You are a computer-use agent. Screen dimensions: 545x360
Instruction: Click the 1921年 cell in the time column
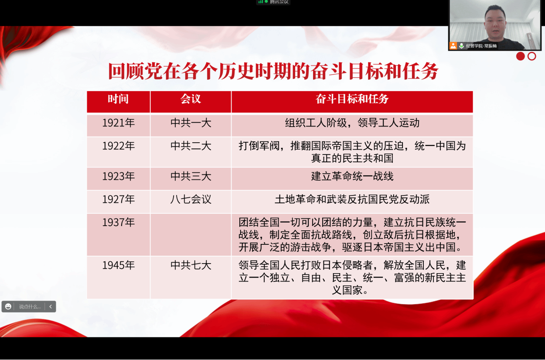[119, 125]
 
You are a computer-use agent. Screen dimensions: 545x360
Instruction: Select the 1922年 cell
[119, 152]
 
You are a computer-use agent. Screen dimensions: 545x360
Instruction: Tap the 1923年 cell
[119, 178]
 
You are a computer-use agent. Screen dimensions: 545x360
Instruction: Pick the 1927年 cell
[119, 202]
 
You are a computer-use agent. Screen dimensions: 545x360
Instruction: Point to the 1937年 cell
[119, 235]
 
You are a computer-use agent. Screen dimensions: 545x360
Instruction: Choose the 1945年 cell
[119, 278]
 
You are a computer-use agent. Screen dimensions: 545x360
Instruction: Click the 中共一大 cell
[191, 125]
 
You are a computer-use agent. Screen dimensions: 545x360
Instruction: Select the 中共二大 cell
[191, 152]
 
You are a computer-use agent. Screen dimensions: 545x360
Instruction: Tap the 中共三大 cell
[191, 178]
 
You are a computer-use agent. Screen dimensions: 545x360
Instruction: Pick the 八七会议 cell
[191, 202]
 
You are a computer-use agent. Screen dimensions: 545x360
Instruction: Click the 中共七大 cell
[191, 278]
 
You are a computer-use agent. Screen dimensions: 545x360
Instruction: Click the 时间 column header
[119, 102]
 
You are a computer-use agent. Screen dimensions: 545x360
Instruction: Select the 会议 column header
[191, 102]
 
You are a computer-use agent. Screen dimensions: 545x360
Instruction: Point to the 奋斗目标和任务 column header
[352, 102]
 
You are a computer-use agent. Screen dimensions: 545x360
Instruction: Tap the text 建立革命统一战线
[352, 176]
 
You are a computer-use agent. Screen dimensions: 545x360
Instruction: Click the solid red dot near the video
[521, 56]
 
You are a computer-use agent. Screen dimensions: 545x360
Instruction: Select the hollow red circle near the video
[532, 56]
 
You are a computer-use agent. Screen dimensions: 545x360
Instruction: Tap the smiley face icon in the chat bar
[8, 306]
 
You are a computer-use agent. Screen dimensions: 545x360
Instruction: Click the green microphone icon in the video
[461, 45]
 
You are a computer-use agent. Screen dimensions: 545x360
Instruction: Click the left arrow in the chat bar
[51, 306]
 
